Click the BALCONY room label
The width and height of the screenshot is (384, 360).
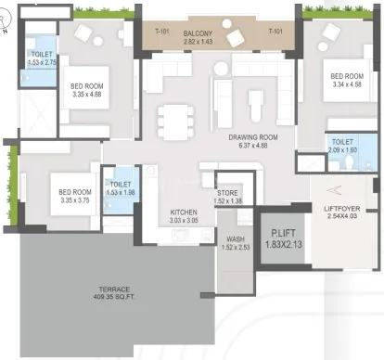point(198,33)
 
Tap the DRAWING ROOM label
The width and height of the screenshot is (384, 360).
point(253,137)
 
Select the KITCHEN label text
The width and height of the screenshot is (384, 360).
point(184,212)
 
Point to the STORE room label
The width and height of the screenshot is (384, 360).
point(227,193)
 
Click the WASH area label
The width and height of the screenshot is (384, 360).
point(236,239)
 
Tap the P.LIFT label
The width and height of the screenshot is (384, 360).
point(283,233)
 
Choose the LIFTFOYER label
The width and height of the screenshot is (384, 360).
point(342,209)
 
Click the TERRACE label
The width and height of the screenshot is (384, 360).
point(114,289)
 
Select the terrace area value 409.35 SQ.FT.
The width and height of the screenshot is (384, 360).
point(114,297)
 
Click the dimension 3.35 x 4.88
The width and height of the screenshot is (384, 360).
point(87,95)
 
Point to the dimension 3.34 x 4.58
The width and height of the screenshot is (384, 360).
point(347,84)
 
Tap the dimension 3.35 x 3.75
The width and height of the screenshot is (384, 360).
point(75,200)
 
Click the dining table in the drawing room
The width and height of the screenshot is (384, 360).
point(175,122)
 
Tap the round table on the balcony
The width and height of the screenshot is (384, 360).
point(227,23)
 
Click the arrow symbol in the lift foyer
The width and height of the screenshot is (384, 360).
point(334,190)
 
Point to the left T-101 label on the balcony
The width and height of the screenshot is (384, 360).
point(162,31)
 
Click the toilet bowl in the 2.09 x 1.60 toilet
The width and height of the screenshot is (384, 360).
point(349,162)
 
